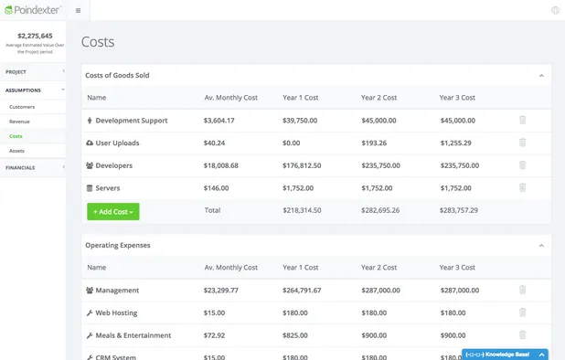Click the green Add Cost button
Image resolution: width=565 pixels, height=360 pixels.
113,211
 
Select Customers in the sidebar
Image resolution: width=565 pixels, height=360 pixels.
22,107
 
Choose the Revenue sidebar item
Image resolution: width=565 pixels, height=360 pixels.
19,122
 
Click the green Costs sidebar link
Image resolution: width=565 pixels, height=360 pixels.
16,136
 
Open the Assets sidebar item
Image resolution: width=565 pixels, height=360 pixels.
16,151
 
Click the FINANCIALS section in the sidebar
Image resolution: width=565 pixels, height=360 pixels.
22,168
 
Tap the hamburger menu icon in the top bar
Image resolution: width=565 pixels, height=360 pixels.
78,11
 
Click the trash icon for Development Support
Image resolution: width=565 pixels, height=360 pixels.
522,120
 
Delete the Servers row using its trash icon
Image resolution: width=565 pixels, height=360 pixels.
522,187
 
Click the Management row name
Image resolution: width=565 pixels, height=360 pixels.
116,291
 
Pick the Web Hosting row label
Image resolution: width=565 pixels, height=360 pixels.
117,312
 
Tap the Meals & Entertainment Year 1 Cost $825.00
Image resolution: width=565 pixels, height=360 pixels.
298,335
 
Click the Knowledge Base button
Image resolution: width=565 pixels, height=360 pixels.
506,354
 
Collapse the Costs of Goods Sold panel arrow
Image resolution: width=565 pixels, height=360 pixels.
541,75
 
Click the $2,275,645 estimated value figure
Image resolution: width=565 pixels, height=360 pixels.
35,36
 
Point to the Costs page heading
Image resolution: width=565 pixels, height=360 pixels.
98,42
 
